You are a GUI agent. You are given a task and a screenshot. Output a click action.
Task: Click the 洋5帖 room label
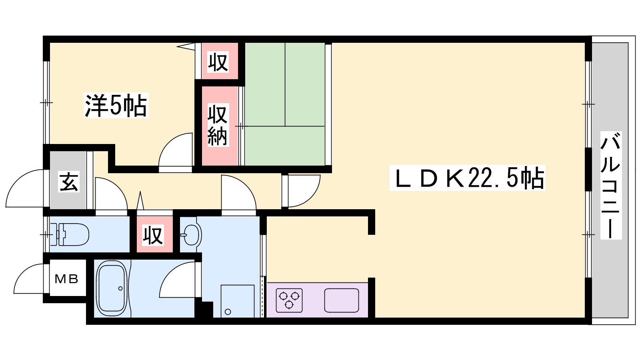click(116, 105)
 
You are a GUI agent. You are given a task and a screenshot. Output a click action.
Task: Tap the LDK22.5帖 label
click(468, 178)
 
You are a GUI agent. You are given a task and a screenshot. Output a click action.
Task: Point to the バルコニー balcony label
click(611, 185)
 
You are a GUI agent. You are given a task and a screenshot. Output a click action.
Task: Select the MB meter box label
click(66, 279)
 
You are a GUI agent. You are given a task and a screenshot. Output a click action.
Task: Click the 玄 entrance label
click(69, 182)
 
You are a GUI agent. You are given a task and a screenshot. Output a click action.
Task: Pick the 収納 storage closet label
click(218, 125)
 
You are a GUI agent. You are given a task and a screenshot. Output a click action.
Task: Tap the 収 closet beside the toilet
click(153, 235)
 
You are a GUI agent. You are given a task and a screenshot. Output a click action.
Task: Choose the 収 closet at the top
click(218, 62)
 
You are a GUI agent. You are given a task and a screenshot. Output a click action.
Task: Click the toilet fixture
click(70, 234)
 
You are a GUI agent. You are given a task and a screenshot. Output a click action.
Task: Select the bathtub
click(112, 288)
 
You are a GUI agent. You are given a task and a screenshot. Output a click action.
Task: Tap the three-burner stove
click(289, 300)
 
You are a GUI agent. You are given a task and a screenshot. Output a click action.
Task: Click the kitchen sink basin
click(342, 300)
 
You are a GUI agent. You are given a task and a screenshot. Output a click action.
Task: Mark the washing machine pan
click(238, 301)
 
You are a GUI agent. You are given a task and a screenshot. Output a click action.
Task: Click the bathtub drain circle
click(120, 288)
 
